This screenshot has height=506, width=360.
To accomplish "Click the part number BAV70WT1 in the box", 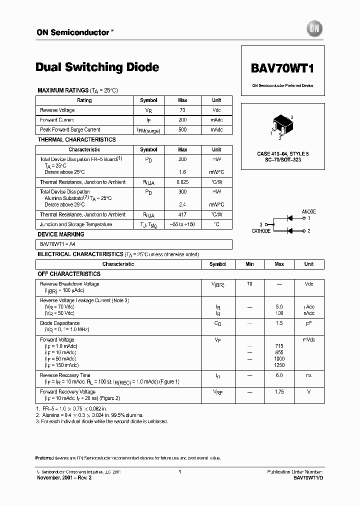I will click(282, 67).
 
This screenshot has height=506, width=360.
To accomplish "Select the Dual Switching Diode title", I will click(97, 67).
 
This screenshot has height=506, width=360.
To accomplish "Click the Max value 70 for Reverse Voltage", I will click(182, 110).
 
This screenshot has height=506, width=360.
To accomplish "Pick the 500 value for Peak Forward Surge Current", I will click(182, 130).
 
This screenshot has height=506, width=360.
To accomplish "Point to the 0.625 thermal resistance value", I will click(182, 182).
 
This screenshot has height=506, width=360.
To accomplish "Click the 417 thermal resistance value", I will click(182, 214).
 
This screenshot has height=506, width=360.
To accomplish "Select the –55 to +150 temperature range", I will click(182, 224).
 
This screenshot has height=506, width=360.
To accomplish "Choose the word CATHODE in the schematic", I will click(261, 231).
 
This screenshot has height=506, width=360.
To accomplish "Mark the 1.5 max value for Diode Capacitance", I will click(279, 323).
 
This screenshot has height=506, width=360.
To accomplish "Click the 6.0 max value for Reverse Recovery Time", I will click(279, 375).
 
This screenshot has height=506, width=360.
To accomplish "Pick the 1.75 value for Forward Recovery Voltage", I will click(279, 392).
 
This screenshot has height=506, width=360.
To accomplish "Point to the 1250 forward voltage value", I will click(279, 365).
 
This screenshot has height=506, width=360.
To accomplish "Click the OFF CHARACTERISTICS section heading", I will click(69, 274).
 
